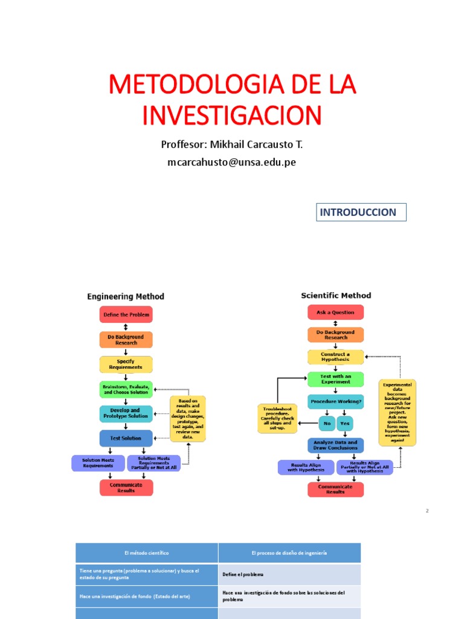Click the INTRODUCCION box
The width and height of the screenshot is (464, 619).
[361, 212]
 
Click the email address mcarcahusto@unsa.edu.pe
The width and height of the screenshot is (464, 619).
[231, 162]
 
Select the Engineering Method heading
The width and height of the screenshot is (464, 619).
[126, 297]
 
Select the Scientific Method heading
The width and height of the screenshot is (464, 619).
[336, 296]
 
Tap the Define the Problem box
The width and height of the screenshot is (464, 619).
[126, 314]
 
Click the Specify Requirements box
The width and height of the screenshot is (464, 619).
[126, 364]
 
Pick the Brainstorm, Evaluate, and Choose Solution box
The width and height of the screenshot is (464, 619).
[126, 389]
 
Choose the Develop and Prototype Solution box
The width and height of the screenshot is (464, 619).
[126, 413]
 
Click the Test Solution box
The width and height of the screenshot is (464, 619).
[126, 438]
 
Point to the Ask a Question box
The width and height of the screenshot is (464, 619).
[336, 312]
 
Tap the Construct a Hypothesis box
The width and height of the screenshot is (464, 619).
[336, 357]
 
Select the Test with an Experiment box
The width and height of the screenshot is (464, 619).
[336, 379]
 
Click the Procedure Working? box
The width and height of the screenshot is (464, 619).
[336, 401]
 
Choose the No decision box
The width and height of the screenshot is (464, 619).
[327, 423]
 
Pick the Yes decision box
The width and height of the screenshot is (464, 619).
[345, 423]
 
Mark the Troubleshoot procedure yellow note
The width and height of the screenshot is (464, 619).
[277, 418]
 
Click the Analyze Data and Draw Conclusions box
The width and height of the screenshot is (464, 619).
[336, 446]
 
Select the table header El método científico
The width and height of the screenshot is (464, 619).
[146, 553]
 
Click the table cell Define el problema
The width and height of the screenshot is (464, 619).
[289, 574]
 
